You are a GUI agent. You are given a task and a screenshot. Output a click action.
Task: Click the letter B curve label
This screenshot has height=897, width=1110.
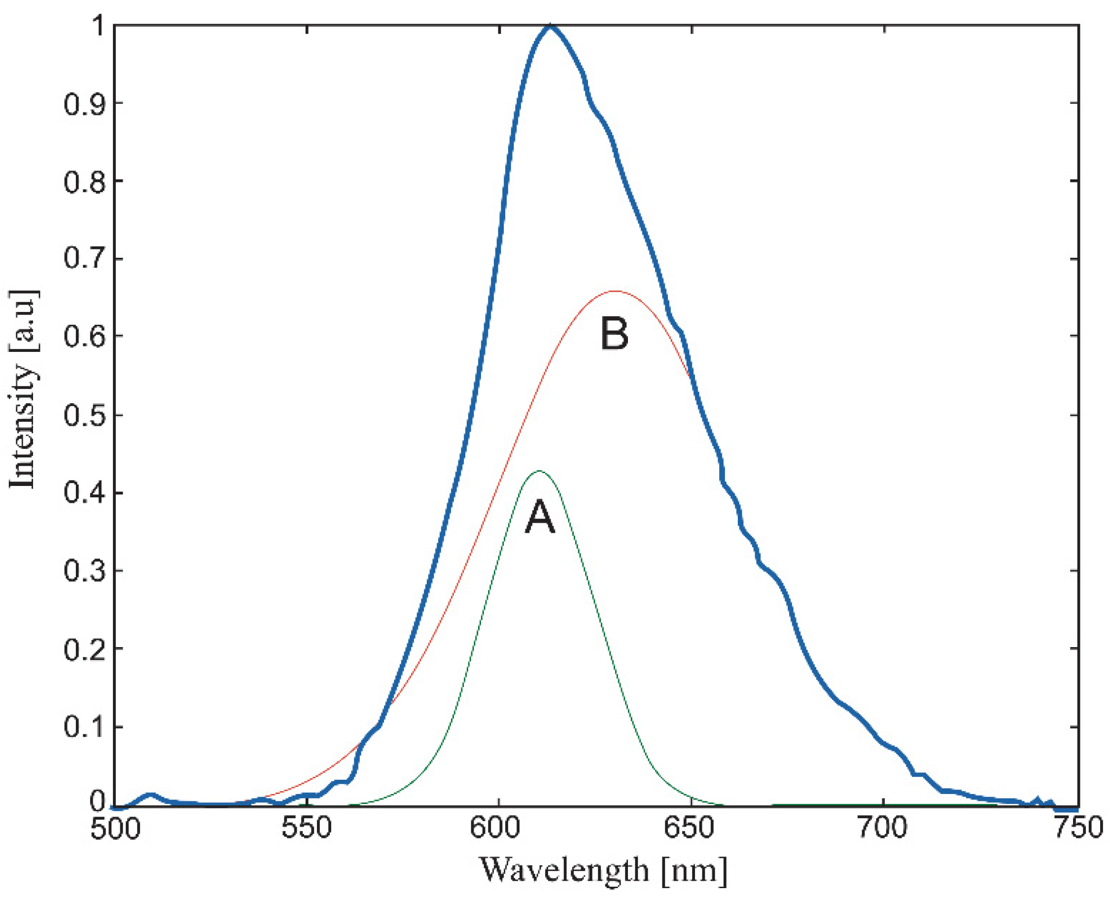[615, 334]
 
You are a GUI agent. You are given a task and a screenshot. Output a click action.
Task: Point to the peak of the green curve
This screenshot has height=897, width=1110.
[540, 471]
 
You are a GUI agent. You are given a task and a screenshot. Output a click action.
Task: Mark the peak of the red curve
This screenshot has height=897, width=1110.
[615, 291]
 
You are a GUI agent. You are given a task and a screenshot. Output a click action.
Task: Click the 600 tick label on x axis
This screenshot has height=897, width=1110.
[499, 828]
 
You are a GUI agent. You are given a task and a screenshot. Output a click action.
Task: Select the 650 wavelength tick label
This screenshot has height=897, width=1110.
[691, 828]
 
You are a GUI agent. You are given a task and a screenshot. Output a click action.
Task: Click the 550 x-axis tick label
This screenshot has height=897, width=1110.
[307, 828]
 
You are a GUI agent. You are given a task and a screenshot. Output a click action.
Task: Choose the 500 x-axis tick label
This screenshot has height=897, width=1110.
[115, 828]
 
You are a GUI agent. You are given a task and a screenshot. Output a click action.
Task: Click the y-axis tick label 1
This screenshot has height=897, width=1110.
[96, 26]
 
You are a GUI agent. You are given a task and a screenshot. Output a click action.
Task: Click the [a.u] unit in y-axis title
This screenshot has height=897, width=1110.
[24, 320]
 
